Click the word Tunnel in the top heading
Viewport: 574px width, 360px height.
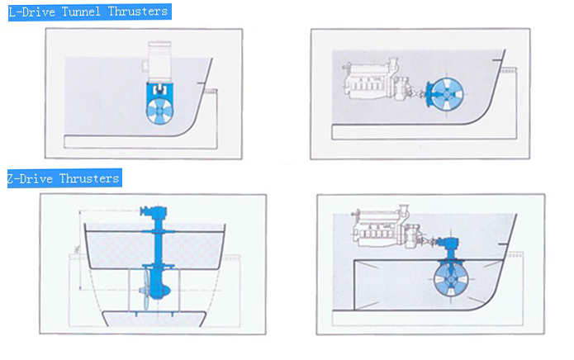[81, 12]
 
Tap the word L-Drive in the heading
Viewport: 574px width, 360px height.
[32, 12]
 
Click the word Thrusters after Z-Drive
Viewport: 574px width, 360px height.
[89, 178]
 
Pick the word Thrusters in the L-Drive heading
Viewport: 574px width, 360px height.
[138, 12]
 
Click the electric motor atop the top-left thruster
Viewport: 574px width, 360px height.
[159, 61]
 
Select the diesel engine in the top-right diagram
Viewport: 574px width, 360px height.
[371, 79]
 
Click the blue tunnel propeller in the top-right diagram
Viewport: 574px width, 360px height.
[446, 94]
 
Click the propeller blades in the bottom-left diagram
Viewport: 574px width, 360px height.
[146, 290]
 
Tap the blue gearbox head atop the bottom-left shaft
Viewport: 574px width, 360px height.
[154, 211]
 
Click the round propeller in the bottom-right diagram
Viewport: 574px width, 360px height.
[451, 279]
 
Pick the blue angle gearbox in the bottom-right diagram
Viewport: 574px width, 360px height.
[450, 244]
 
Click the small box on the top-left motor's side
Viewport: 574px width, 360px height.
[145, 66]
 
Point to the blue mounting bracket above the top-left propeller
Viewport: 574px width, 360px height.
[159, 90]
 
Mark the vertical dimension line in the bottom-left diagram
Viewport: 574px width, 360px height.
[81, 250]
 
